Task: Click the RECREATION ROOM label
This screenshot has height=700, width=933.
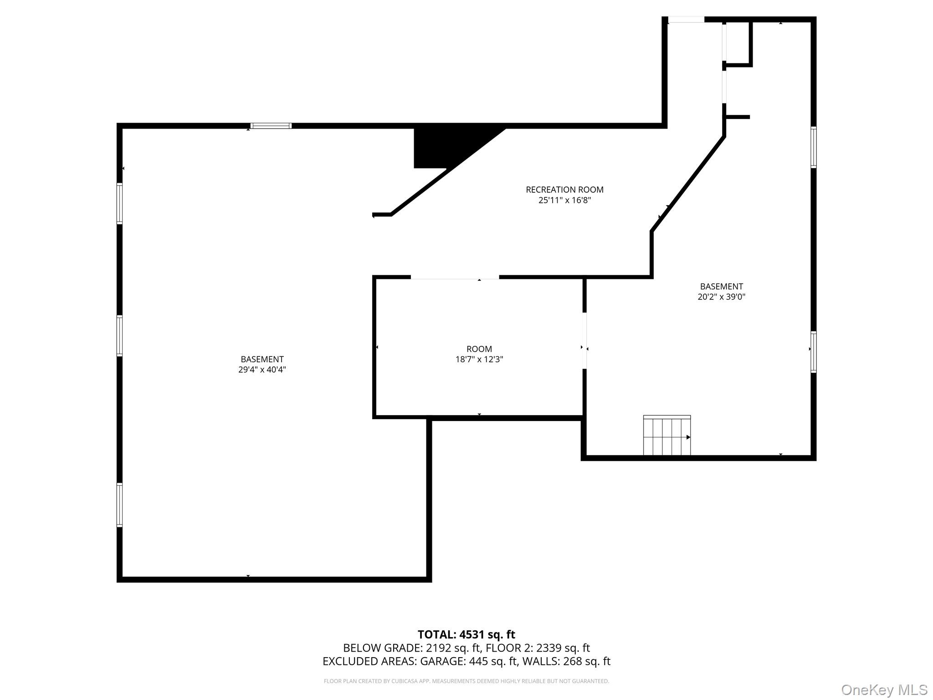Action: pos(564,190)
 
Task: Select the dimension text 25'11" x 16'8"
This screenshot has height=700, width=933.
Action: pos(564,200)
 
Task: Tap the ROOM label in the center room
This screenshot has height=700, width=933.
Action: pos(479,349)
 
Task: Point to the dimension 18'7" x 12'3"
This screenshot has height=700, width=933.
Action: pos(479,360)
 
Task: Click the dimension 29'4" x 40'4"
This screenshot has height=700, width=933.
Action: pos(262,370)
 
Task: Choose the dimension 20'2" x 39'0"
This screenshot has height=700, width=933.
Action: pos(721,297)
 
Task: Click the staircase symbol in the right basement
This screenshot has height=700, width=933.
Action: pos(666,436)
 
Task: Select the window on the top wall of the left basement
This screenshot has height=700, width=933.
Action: pos(271,126)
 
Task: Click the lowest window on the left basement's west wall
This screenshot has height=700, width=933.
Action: pos(120,505)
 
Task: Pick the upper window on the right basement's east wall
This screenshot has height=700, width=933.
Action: pos(813,147)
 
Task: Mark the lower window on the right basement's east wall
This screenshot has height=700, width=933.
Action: pos(813,352)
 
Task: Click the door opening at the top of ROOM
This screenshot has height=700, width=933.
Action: pos(455,277)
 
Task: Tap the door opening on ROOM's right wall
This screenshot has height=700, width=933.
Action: pos(584,340)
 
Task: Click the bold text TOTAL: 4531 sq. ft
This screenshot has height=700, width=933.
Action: pos(466,634)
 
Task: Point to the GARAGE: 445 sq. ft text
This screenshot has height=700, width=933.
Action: pos(468,661)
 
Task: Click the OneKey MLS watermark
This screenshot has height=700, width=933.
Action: pos(884,690)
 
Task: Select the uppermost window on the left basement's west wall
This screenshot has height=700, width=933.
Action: pos(120,203)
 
